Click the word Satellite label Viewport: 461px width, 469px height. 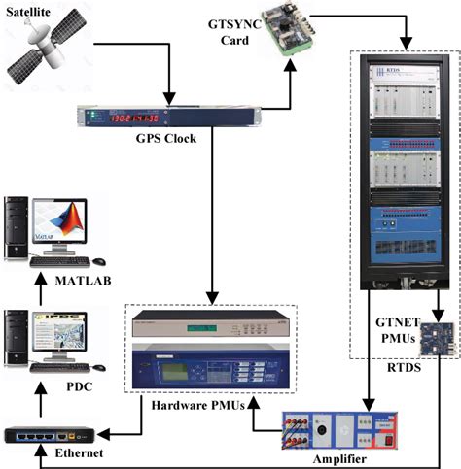tap(36, 13)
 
